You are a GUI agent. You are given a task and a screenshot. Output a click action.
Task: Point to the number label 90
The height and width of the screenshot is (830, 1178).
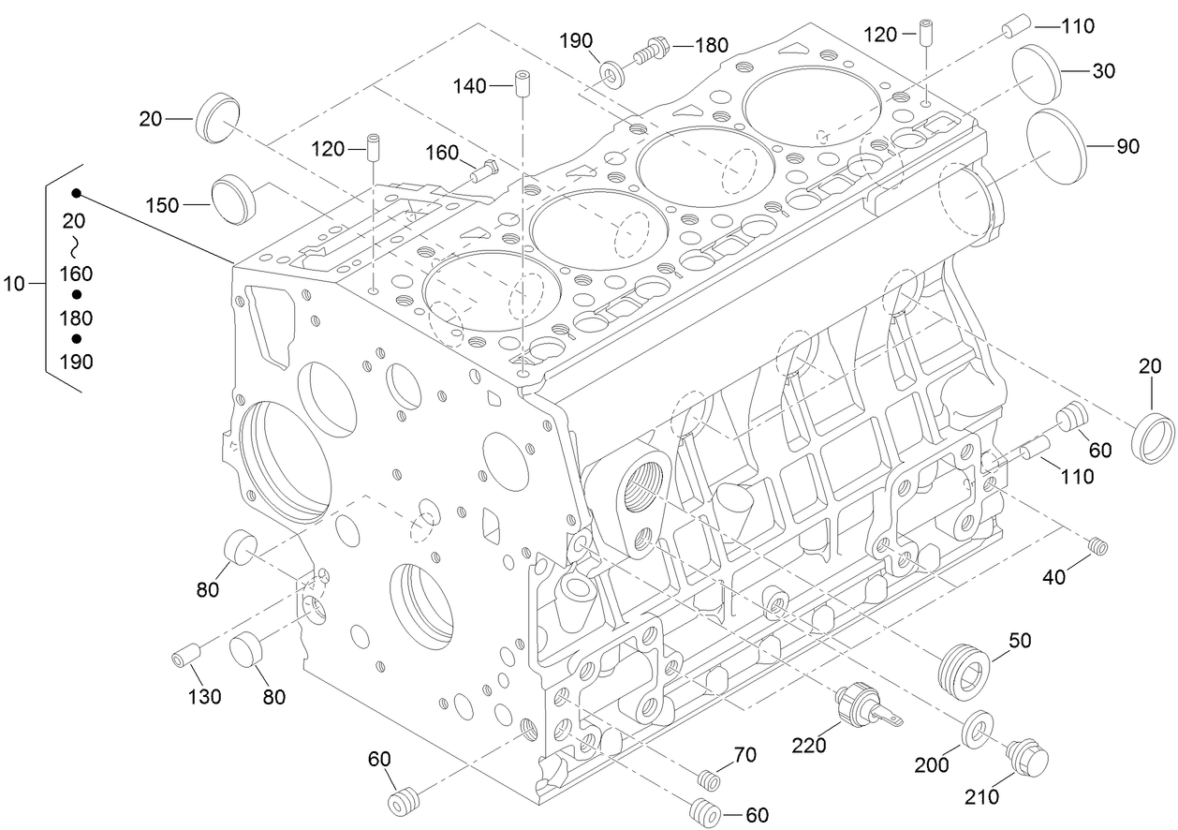pos(1126,146)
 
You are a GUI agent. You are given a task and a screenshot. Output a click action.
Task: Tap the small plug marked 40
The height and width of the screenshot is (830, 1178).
pos(1099,544)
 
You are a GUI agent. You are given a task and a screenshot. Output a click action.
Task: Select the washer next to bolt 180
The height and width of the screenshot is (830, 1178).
pos(613,71)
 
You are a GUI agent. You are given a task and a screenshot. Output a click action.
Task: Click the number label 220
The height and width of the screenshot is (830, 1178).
pos(808,746)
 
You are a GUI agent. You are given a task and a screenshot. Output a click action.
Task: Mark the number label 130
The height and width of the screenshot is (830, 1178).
pos(205,696)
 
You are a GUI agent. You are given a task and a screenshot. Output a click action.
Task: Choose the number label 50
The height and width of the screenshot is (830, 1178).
pos(1020,640)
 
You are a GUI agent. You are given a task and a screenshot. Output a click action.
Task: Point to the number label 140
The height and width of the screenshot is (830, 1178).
pos(469,86)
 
